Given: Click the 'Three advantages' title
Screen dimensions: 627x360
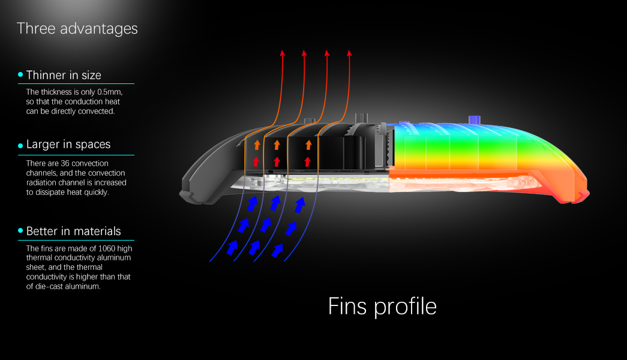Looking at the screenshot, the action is (x=77, y=29).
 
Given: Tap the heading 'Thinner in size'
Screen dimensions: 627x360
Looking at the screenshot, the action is (x=64, y=75).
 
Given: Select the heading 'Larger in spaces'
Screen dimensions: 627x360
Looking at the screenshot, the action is (x=68, y=145).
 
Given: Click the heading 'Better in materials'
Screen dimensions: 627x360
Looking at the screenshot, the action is (x=74, y=231).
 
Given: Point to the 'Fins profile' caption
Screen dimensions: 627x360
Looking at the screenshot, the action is (x=382, y=307).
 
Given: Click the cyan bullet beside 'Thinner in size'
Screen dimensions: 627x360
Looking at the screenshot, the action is (x=20, y=74).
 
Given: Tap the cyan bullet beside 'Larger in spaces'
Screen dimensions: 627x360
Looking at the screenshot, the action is (x=20, y=146).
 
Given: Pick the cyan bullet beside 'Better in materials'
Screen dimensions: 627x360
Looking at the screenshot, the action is (x=20, y=230).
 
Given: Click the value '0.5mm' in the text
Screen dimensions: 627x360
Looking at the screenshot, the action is (x=110, y=92).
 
